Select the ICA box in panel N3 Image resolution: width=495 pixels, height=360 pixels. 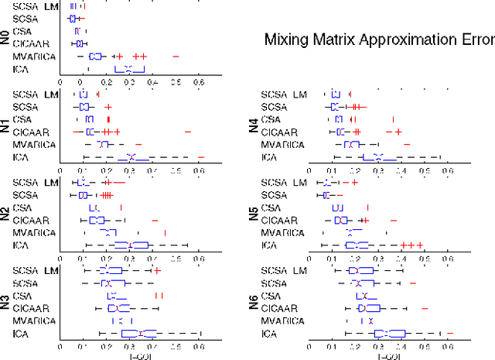click(x=140, y=334)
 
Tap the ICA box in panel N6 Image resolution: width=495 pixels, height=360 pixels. click(x=389, y=334)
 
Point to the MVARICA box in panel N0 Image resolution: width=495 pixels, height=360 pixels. click(x=97, y=57)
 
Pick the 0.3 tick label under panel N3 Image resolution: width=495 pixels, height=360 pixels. click(x=129, y=346)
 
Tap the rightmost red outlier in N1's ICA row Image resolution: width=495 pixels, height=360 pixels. click(x=200, y=157)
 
